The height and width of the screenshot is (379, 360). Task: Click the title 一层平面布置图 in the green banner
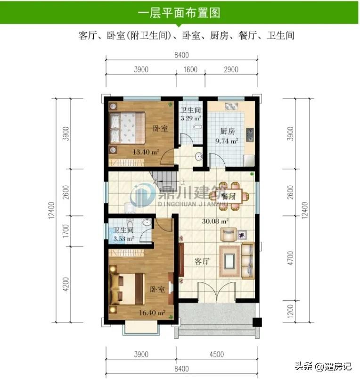click(179, 13)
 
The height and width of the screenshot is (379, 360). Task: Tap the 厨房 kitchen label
click(227, 131)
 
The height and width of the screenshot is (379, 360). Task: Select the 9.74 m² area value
click(227, 140)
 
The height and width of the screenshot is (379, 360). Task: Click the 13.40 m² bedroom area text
click(146, 152)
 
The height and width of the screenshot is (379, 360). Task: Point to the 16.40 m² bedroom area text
click(152, 313)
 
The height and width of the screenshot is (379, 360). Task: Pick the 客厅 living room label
click(202, 261)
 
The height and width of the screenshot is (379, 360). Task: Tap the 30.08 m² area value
click(215, 221)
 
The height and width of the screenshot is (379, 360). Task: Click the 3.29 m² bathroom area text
click(191, 118)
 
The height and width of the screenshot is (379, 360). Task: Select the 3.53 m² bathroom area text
click(123, 239)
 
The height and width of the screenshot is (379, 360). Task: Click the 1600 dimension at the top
click(190, 70)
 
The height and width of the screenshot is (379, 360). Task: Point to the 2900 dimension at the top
click(231, 70)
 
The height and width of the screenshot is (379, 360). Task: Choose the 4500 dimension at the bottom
click(217, 354)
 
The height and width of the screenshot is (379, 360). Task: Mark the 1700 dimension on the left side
click(65, 231)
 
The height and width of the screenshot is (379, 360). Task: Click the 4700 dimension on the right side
click(290, 258)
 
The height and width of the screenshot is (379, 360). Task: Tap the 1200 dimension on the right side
click(290, 311)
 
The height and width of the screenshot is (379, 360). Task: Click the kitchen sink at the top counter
click(231, 107)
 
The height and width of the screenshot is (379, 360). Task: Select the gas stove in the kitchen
click(250, 135)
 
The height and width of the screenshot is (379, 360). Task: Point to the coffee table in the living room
click(229, 261)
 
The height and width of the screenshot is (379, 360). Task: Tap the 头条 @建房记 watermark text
click(323, 366)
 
